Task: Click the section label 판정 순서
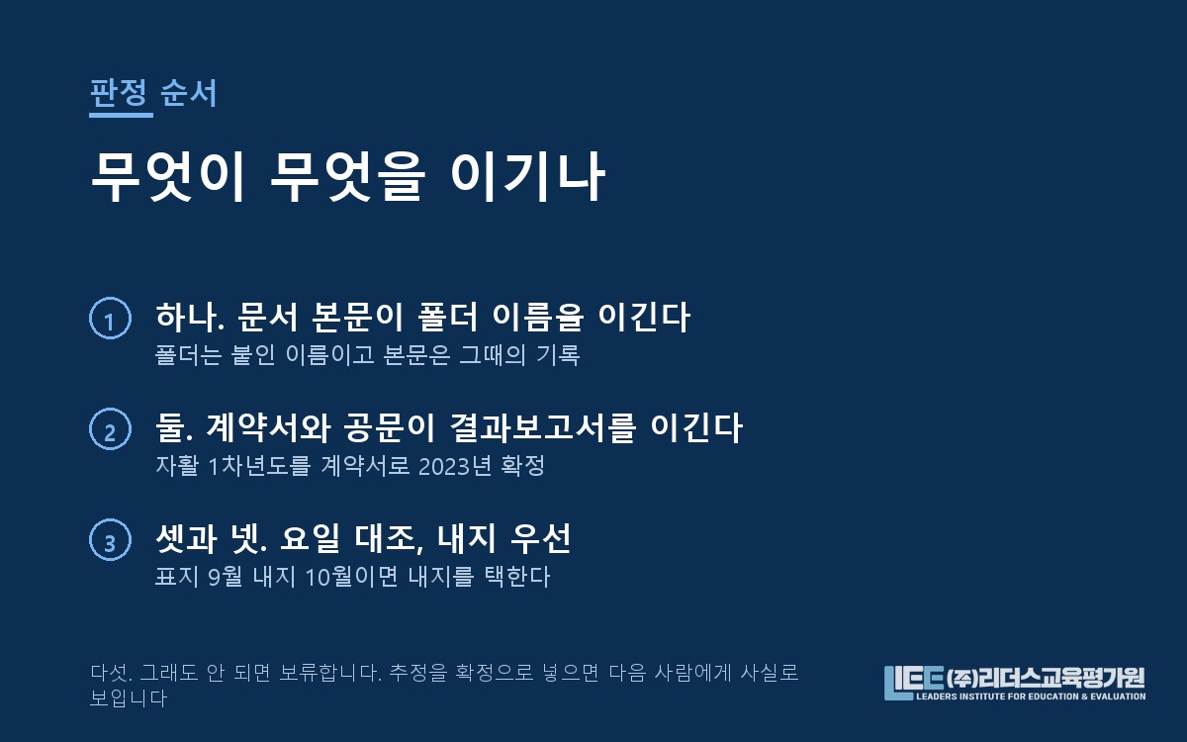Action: (153, 93)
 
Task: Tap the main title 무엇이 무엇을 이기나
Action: (347, 176)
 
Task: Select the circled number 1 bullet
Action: (110, 318)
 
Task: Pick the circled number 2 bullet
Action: (110, 428)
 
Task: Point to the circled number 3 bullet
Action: (110, 539)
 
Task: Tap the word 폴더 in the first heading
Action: (448, 317)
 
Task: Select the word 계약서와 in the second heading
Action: (268, 427)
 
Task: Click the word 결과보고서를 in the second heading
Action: (542, 427)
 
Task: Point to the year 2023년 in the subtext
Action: (455, 466)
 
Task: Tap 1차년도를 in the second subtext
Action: (259, 466)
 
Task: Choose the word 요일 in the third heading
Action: (310, 538)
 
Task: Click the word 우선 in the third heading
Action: (540, 538)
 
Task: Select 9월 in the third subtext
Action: (226, 577)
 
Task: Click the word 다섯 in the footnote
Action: (110, 673)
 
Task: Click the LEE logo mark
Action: (914, 683)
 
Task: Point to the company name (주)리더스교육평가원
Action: (1046, 678)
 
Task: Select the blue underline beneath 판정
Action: (121, 115)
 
